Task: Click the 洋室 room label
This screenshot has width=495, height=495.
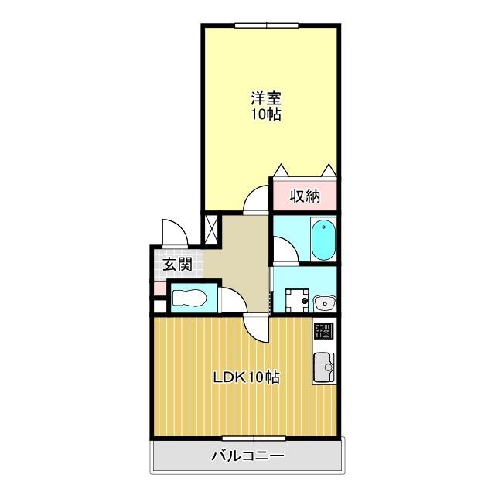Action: (265, 98)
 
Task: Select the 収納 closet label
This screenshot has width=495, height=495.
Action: (305, 196)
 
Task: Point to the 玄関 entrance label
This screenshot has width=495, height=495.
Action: (177, 264)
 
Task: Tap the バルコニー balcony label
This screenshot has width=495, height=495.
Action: (247, 456)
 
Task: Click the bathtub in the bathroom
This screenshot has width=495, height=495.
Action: (323, 240)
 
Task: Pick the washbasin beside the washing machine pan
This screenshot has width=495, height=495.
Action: (323, 300)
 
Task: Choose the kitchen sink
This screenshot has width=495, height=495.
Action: (324, 364)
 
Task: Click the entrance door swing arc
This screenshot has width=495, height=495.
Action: (172, 231)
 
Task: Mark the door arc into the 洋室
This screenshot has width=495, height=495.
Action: (255, 201)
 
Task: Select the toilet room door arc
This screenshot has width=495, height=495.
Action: (230, 299)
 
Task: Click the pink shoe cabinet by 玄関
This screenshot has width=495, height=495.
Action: (159, 288)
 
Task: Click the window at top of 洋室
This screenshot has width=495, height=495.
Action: (266, 26)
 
